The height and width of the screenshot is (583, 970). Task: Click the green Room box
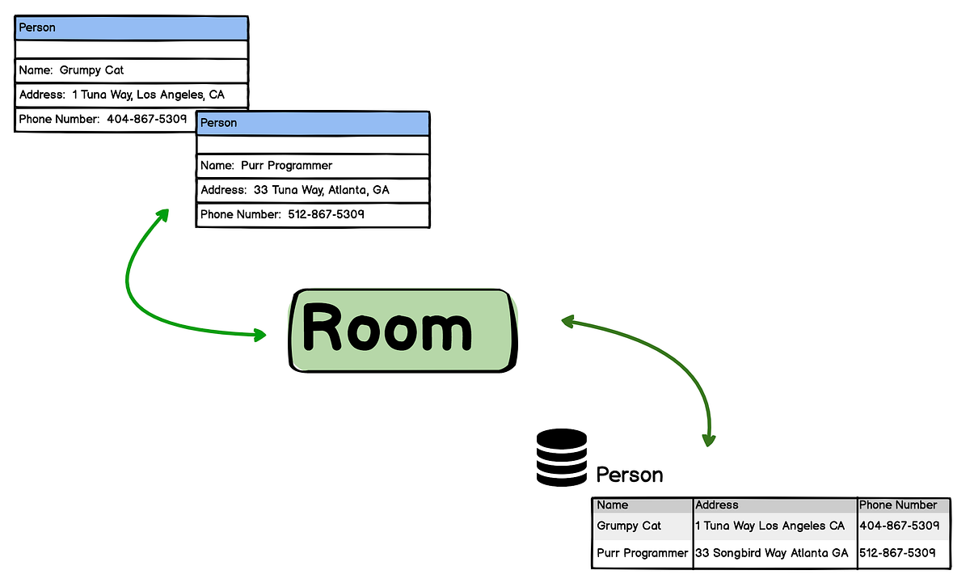402,330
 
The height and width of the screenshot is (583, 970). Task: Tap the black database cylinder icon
561,458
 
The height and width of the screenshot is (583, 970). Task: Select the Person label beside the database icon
629,475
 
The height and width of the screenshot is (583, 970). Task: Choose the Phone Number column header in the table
898,505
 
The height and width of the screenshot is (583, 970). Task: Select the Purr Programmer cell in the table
642,553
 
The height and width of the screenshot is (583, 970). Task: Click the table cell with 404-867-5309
899,526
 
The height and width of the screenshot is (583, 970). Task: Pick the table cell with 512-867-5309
897,553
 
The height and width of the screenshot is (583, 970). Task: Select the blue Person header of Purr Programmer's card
312,123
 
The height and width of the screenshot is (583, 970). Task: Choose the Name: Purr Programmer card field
312,166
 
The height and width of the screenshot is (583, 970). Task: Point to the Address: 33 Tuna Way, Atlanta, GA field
312,190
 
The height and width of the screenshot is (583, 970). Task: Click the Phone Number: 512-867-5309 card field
312,215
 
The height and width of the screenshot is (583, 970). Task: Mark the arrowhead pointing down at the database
709,439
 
